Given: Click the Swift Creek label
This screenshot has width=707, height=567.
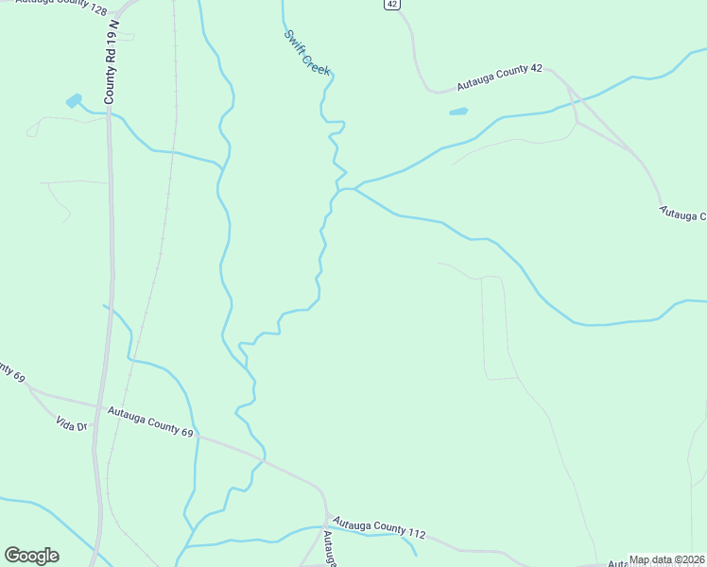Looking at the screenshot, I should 308,53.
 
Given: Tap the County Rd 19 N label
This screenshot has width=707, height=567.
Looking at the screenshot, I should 112,67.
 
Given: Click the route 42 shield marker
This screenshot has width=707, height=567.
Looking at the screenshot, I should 392,5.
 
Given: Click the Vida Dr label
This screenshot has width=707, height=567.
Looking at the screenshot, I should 71,422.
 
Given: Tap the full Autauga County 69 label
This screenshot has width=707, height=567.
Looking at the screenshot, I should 149,421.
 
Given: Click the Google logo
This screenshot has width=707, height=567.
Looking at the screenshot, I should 31,556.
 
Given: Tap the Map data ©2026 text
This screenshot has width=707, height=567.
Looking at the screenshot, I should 666,560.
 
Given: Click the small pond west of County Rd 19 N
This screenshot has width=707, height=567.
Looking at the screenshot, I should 73,100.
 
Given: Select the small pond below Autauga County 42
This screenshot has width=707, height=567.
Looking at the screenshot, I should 458,112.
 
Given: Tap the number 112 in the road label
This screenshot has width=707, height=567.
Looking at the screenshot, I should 415,534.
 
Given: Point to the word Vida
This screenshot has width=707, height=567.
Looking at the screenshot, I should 63,421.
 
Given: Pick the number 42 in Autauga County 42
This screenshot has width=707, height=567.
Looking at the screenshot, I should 535,70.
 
